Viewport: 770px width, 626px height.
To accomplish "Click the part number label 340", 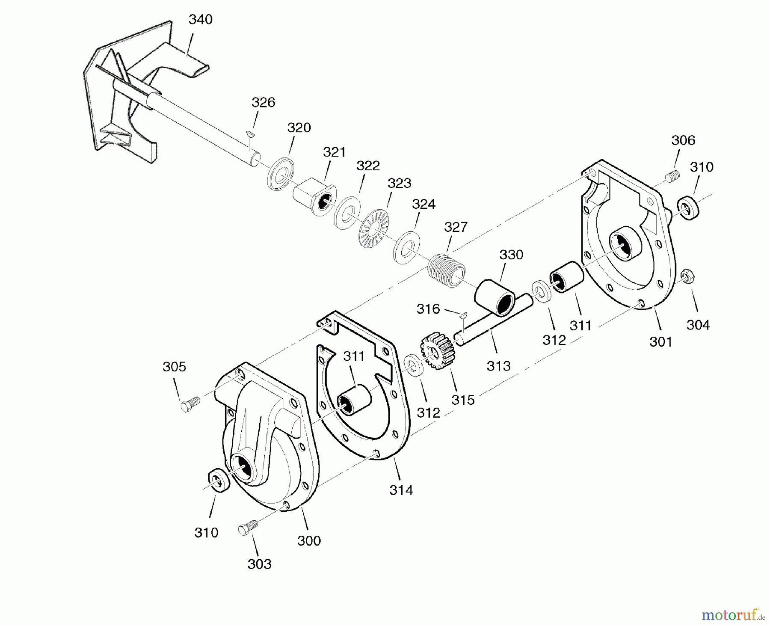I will [x=200, y=20].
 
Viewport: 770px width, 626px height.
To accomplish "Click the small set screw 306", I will [x=673, y=176].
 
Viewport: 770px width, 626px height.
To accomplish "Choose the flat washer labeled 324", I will [x=406, y=247].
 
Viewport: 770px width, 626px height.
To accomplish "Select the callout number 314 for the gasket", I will [x=401, y=490].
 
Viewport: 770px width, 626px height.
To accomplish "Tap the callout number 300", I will [x=309, y=540].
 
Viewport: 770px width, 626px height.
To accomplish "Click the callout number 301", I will [x=660, y=341].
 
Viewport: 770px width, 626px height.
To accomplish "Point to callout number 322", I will [x=368, y=166].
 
